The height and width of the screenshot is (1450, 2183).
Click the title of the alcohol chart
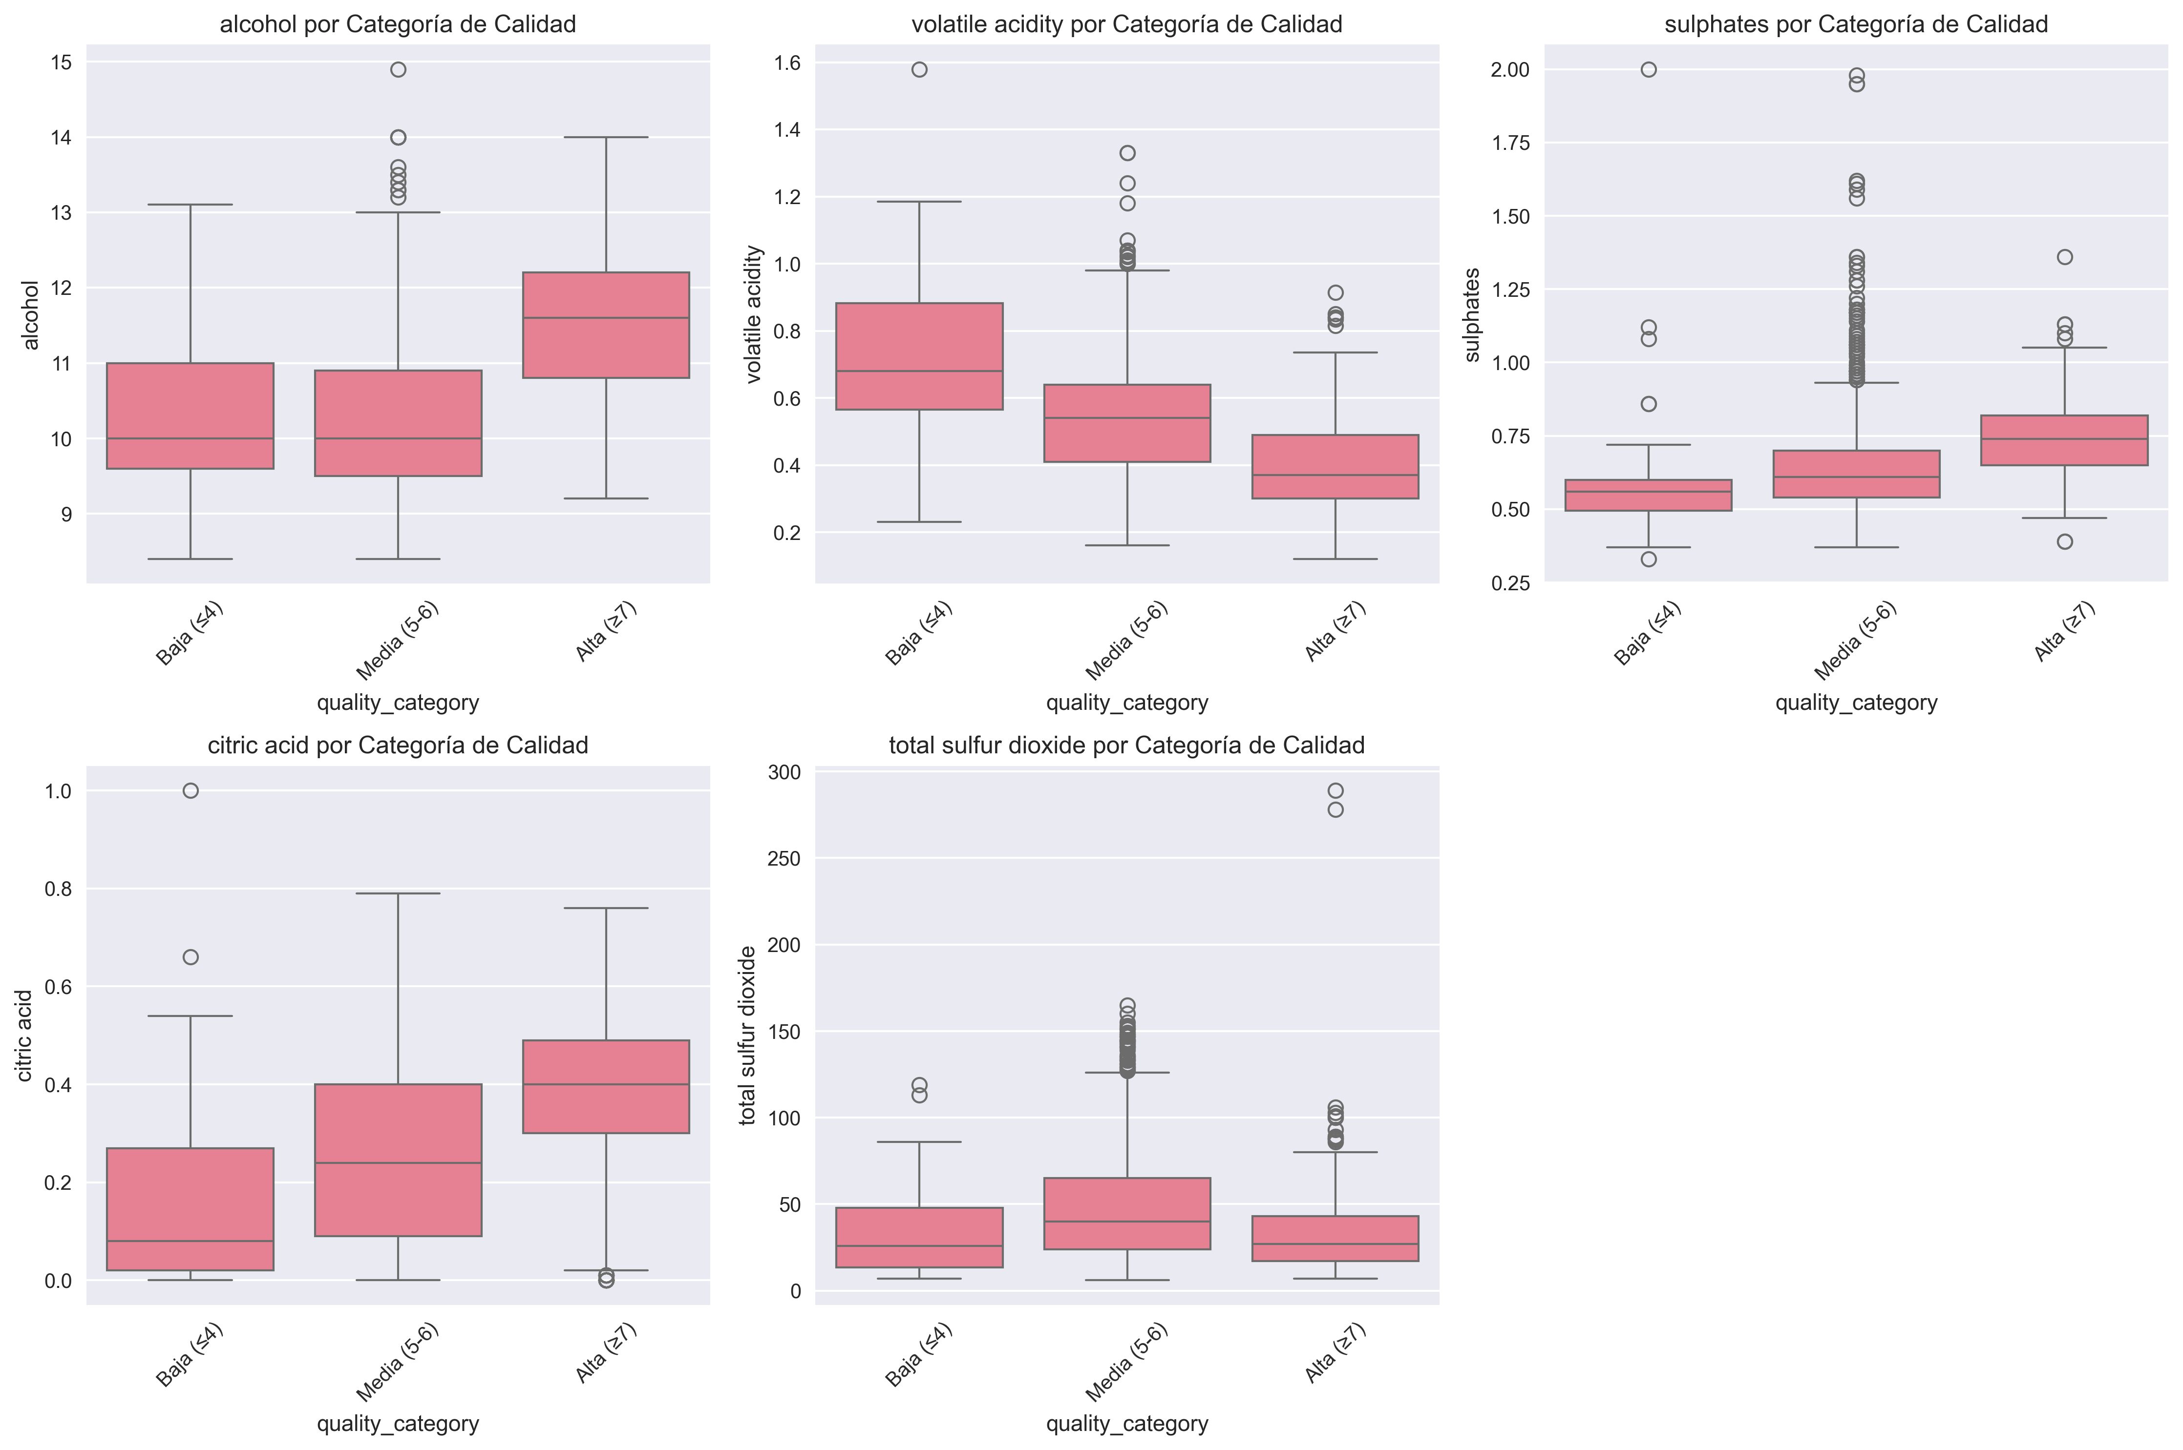coord(398,24)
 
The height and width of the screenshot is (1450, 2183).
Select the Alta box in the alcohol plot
coord(606,325)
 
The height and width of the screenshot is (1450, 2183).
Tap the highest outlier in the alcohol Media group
coord(398,69)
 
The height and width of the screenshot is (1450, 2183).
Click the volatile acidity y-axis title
coord(754,314)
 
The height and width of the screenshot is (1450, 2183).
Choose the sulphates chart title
coord(1856,24)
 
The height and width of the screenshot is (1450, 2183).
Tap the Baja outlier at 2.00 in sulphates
coord(1648,69)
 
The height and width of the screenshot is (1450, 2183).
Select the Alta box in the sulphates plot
coord(2064,440)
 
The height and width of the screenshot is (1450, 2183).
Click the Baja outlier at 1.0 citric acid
coord(191,790)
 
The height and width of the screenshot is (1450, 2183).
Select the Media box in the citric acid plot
coord(398,1160)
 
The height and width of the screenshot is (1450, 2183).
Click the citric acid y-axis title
coord(25,1036)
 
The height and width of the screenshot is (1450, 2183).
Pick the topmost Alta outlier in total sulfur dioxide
coord(1335,790)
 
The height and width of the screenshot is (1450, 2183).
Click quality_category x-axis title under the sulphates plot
coord(1856,703)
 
